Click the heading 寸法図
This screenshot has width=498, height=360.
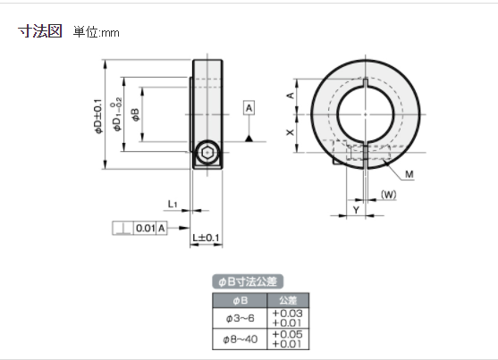tap(40, 31)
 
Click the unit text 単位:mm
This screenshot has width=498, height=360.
tap(97, 32)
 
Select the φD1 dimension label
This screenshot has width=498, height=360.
tap(118, 114)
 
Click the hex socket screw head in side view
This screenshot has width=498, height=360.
tap(207, 155)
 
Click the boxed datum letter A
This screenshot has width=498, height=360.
tap(249, 107)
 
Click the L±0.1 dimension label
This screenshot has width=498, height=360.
tap(207, 238)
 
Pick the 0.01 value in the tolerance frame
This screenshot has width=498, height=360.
tap(145, 228)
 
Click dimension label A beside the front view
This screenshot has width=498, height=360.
tap(290, 95)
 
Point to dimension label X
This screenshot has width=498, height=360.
tap(290, 131)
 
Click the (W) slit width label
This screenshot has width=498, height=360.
tap(388, 194)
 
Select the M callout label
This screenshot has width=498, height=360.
tap(408, 172)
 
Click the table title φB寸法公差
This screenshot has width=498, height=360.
tap(249, 281)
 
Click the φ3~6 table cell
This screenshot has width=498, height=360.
tap(234, 318)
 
